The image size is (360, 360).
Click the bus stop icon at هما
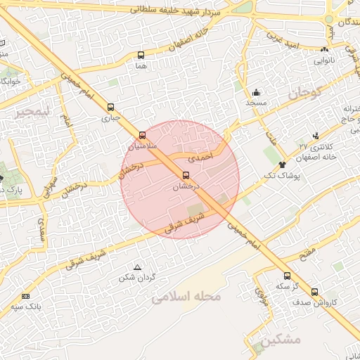141,55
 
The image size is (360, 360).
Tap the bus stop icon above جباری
110,108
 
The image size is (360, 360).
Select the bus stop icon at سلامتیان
143,134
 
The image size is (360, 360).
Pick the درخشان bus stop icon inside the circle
186,175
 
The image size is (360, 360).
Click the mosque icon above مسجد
257,92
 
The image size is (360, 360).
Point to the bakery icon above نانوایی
324,49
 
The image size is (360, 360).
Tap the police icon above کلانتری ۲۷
316,136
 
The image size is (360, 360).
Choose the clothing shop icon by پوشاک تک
282,164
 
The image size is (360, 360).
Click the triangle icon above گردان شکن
137,266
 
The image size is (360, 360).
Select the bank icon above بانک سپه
26,296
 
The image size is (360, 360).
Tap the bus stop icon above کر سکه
286,276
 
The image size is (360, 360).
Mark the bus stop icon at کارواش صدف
314,292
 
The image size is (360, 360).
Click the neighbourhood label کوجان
304,92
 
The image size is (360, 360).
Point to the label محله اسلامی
186,297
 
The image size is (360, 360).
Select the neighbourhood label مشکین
279,340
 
